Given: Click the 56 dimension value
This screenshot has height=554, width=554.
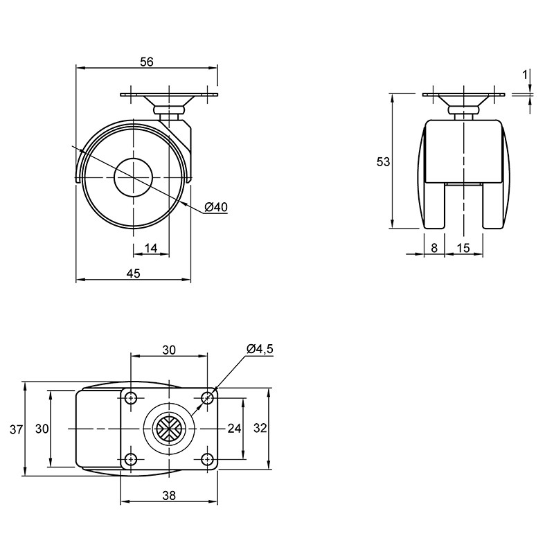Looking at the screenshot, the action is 147,62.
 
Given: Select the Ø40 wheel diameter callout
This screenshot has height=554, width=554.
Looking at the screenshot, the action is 216,206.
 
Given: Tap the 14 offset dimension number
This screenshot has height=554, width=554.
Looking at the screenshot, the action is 151,248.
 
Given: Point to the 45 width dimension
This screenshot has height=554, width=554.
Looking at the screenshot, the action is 133,273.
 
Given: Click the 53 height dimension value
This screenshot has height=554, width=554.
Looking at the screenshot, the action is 383,162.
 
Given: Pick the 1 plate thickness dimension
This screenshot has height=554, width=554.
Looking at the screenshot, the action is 525,75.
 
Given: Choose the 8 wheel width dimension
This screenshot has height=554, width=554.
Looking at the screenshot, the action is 434,248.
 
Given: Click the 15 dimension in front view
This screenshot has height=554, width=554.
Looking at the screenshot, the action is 463,248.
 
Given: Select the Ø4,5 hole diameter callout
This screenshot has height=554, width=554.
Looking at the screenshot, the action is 260,349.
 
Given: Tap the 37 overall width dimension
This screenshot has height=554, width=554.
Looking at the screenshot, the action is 16,429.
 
